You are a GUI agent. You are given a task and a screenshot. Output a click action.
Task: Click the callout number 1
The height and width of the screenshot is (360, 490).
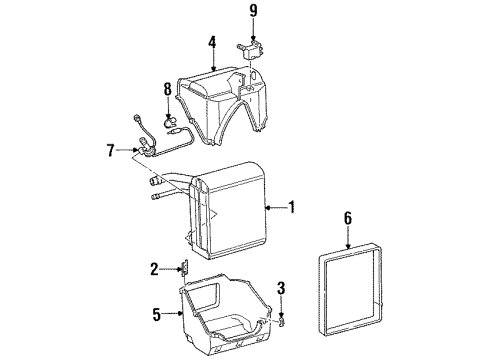(x=292, y=207)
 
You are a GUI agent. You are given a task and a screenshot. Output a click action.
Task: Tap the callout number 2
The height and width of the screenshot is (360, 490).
(x=154, y=269)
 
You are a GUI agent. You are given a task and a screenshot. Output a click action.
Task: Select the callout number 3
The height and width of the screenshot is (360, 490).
(x=282, y=288)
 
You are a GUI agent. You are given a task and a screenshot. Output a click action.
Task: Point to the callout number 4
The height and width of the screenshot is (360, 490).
(x=212, y=42)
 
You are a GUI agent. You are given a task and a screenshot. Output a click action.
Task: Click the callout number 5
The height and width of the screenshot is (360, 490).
(x=157, y=314)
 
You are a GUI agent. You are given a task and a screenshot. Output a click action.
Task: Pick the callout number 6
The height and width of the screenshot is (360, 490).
(x=348, y=218)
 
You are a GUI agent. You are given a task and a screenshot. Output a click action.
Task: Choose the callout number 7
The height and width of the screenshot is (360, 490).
(x=111, y=150)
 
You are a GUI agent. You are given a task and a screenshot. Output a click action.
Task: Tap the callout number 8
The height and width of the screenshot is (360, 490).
(x=167, y=89)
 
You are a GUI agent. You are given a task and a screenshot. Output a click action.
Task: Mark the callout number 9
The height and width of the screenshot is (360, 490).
(x=254, y=10)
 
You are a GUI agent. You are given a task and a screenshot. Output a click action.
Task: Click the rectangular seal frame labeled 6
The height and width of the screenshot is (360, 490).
(x=321, y=293)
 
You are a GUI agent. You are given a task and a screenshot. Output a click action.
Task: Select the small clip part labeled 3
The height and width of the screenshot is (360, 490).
(x=282, y=322)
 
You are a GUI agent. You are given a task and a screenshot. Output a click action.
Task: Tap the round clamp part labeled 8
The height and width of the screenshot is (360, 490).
(x=170, y=122)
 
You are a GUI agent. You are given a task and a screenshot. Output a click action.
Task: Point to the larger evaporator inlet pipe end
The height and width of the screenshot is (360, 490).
(x=156, y=182)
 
